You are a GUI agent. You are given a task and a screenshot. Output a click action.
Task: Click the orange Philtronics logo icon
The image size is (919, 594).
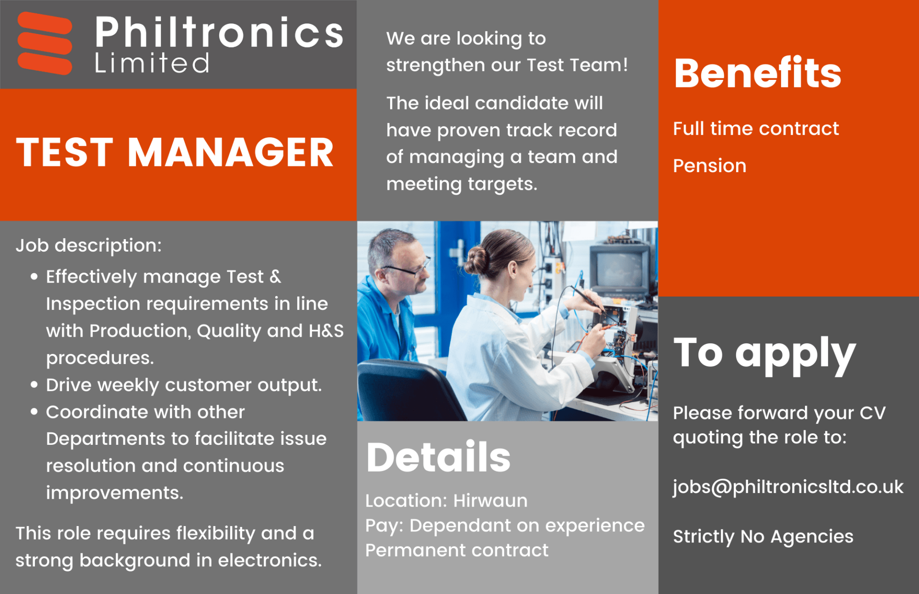[x=45, y=43]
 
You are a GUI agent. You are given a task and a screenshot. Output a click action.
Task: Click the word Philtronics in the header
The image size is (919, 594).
[x=219, y=32]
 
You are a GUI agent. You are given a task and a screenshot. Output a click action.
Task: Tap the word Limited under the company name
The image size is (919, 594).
[x=152, y=63]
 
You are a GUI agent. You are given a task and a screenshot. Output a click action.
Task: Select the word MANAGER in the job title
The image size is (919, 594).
[x=230, y=153]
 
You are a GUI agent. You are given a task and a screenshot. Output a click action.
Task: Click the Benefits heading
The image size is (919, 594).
[x=758, y=73]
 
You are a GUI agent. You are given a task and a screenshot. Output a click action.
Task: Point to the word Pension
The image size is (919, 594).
[x=710, y=166]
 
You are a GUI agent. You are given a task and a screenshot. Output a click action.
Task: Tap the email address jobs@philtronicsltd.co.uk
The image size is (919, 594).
[x=788, y=487]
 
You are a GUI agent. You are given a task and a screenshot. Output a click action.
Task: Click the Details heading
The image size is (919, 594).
[x=438, y=457]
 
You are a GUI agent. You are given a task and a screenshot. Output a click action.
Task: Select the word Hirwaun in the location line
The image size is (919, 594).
[x=491, y=501]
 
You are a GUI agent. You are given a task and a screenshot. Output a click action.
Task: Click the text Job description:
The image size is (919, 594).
[x=89, y=246]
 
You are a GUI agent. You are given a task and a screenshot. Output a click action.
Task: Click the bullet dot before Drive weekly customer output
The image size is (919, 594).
[x=34, y=385]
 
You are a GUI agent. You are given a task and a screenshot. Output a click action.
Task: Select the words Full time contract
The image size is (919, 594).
[x=756, y=129]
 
